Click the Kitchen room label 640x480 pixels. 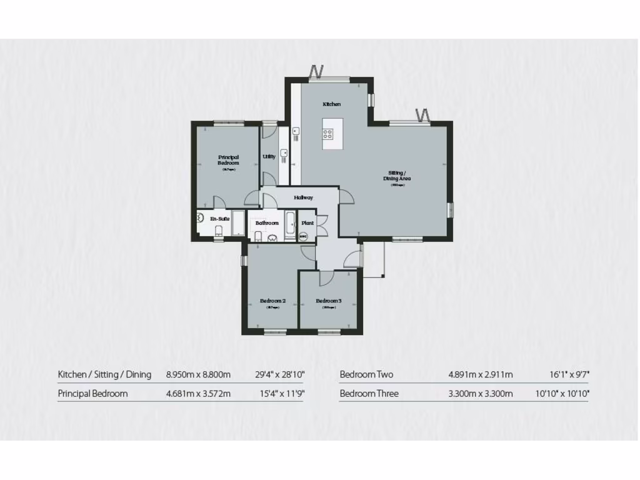[x=332, y=104]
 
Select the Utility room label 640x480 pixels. [x=269, y=157]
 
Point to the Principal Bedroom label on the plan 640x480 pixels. [x=228, y=160]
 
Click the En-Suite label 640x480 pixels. [x=219, y=219]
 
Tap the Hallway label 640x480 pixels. [x=304, y=198]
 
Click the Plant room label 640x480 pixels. [x=307, y=223]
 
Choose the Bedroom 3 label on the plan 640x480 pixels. [x=329, y=301]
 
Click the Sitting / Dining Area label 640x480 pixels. [x=397, y=176]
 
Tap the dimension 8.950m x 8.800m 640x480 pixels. [x=198, y=375]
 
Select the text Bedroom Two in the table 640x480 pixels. [x=366, y=375]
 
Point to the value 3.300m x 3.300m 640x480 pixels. [x=480, y=394]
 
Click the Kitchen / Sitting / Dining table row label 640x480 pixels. [x=104, y=375]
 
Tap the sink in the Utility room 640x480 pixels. [x=284, y=152]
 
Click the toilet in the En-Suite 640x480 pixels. [x=217, y=232]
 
